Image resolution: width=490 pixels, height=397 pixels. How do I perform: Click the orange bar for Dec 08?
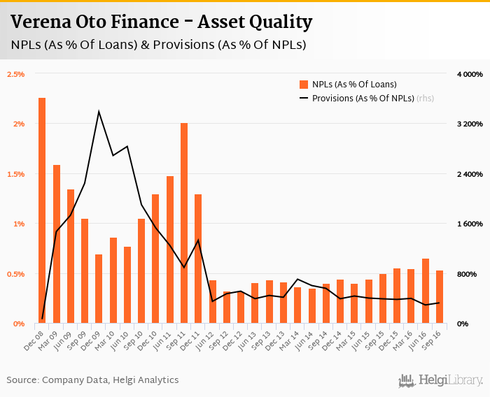(42, 210)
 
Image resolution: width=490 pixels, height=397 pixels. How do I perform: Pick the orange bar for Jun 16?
(426, 291)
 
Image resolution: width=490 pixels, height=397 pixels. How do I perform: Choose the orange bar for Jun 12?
(213, 301)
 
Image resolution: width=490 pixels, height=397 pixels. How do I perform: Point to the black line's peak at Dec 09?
(99, 111)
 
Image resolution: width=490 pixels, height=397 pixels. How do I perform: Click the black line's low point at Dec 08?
(43, 319)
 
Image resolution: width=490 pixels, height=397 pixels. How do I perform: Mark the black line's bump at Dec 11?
(199, 240)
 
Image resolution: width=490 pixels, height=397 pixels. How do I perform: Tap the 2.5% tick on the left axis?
(15, 73)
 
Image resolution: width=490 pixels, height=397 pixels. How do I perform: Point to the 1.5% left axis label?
(15, 173)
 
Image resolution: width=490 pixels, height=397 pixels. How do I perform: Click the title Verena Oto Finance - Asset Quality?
(161, 22)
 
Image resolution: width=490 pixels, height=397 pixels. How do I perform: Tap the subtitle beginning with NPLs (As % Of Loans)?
(158, 45)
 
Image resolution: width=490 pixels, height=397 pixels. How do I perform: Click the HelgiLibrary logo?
(441, 380)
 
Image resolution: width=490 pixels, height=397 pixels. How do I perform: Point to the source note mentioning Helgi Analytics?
(92, 380)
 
